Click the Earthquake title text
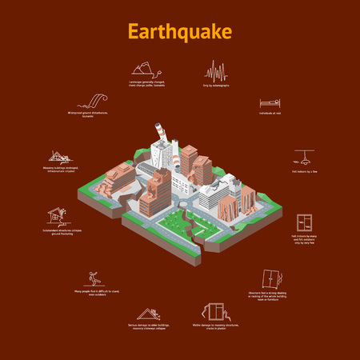[180, 31]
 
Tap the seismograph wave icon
[215, 70]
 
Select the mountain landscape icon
[145, 68]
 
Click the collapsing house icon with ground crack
[56, 214]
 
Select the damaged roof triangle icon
[147, 314]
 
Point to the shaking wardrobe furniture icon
[274, 278]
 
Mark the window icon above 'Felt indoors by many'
[304, 222]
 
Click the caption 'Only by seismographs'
[216, 85]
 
